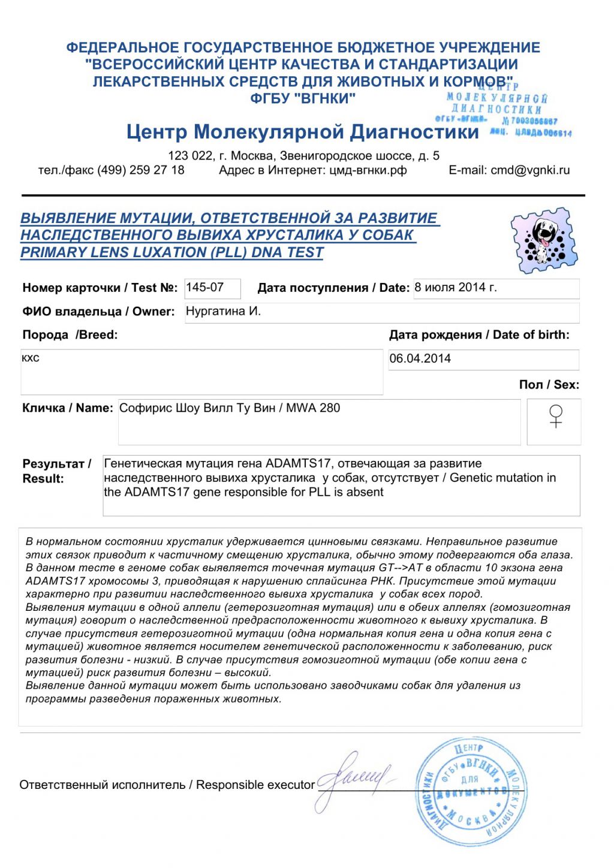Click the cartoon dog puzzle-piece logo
[544, 240]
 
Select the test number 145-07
[205, 288]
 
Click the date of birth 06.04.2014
[420, 358]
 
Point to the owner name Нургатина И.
[223, 311]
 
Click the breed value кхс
[31, 358]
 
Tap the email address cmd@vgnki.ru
[530, 170]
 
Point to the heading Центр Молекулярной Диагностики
[303, 131]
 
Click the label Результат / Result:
[56, 471]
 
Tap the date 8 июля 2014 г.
[456, 287]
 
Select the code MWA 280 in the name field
[313, 408]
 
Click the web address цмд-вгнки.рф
[368, 170]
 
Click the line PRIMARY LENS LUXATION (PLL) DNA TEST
[172, 252]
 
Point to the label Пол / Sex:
[549, 384]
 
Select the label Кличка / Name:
[67, 408]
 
